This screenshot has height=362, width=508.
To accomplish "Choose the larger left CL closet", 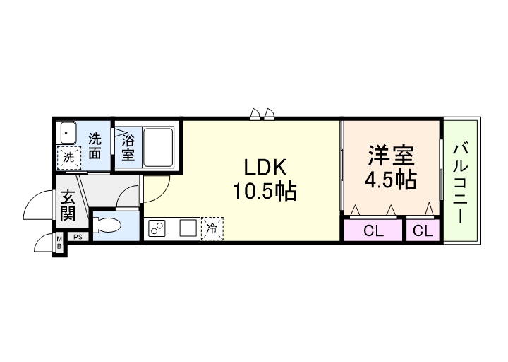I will pyautogui.click(x=373, y=230).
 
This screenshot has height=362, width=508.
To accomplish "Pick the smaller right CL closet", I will pyautogui.click(x=423, y=230).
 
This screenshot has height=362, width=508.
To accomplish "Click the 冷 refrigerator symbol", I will pyautogui.click(x=212, y=229).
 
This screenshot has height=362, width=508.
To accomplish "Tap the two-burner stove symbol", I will pyautogui.click(x=157, y=229).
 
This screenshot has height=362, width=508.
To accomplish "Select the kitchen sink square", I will pyautogui.click(x=188, y=229).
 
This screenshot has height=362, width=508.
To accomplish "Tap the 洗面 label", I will pyautogui.click(x=95, y=146).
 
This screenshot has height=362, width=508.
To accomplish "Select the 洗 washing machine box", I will pyautogui.click(x=69, y=158).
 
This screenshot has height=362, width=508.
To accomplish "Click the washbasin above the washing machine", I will pyautogui.click(x=68, y=133).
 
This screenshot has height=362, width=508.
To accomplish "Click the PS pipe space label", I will pyautogui.click(x=78, y=237).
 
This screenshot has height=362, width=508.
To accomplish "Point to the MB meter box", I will pyautogui.click(x=60, y=244).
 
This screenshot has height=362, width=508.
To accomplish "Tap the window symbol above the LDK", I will pyautogui.click(x=262, y=114).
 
